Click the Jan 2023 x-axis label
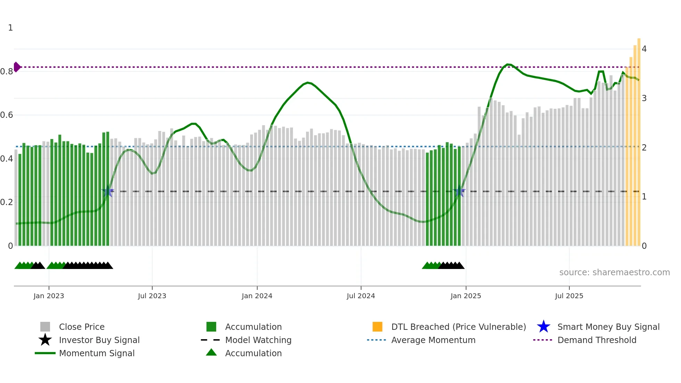click(x=49, y=296)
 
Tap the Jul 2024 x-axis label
click(x=361, y=296)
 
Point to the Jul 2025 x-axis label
click(x=569, y=296)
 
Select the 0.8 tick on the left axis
click(x=7, y=72)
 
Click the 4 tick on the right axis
click(x=644, y=49)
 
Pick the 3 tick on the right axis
click(x=644, y=98)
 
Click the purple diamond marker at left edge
click(x=17, y=67)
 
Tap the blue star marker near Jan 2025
click(x=459, y=191)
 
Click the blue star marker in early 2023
click(x=108, y=191)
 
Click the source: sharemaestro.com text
click(x=614, y=272)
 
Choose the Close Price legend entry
click(x=82, y=327)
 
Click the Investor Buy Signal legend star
click(x=45, y=340)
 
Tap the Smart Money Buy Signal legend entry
click(x=608, y=327)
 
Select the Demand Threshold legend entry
click(x=597, y=340)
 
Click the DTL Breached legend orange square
click(x=377, y=327)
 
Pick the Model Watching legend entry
click(x=258, y=340)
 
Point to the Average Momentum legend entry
click(x=433, y=340)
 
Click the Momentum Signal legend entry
click(x=97, y=353)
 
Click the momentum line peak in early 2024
click(x=307, y=82)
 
